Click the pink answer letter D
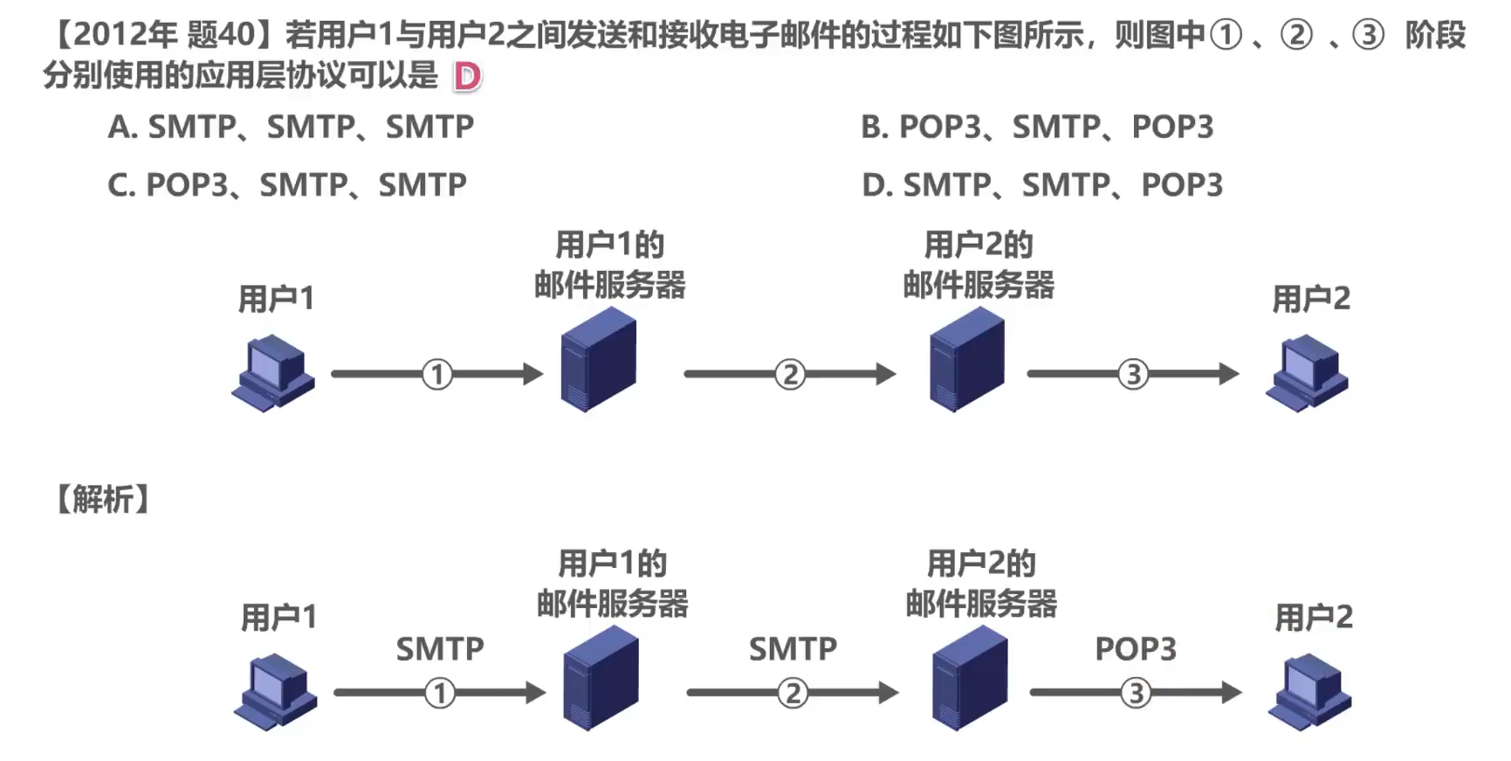click(x=467, y=77)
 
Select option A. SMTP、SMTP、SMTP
click(x=291, y=128)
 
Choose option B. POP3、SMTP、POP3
click(x=1037, y=128)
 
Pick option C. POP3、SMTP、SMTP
click(x=287, y=185)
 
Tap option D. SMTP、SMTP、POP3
click(x=1042, y=185)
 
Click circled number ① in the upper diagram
click(x=437, y=375)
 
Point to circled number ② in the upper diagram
click(x=790, y=375)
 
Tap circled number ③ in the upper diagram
click(x=1133, y=375)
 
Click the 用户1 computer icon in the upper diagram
click(x=273, y=372)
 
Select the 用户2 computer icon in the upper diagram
click(x=1307, y=372)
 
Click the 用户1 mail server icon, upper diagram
click(x=598, y=359)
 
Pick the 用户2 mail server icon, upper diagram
click(x=966, y=359)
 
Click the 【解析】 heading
click(x=103, y=500)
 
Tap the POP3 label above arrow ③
click(x=1136, y=649)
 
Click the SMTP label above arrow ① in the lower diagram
click(x=440, y=649)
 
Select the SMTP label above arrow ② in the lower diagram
click(x=793, y=649)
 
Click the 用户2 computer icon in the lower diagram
click(x=1309, y=691)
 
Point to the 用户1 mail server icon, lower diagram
click(x=601, y=679)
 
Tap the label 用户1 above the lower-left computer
click(x=278, y=618)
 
